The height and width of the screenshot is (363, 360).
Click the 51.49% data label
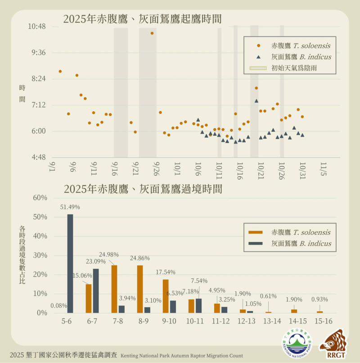tap(70, 207)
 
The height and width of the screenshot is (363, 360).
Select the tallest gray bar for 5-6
tap(70, 263)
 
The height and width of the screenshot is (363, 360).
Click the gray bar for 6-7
tap(95, 291)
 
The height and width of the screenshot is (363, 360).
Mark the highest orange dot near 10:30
tap(152, 33)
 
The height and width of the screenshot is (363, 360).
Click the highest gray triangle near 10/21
tap(256, 101)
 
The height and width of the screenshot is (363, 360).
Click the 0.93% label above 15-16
tap(319, 299)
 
